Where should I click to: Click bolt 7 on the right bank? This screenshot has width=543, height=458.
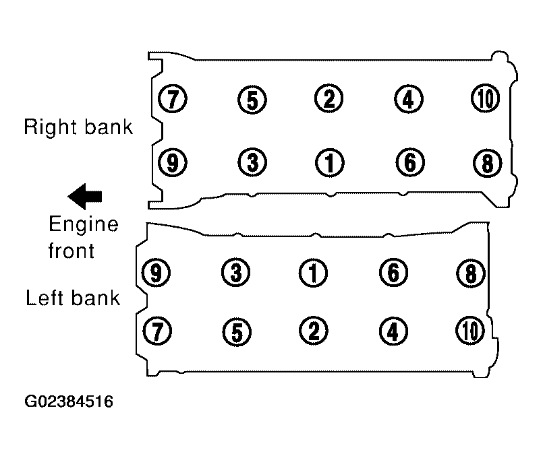[173, 98]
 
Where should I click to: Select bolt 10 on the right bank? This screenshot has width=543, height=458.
[486, 98]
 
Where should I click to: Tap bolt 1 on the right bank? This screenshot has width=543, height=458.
[330, 163]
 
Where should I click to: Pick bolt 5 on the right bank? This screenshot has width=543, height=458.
[252, 100]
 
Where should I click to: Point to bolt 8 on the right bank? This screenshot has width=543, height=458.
[487, 163]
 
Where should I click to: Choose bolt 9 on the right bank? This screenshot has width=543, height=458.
[173, 162]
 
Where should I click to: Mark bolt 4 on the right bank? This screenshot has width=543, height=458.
[409, 99]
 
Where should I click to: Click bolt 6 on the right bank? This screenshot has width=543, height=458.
[410, 162]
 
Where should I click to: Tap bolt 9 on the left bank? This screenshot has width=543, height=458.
[156, 272]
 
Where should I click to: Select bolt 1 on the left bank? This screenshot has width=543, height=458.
[313, 273]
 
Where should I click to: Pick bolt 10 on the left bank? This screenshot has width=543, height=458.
[470, 331]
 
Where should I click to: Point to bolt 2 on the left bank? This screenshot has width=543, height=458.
[314, 331]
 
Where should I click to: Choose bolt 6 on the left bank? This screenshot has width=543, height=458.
[393, 272]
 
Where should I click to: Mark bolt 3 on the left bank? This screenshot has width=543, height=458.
[235, 272]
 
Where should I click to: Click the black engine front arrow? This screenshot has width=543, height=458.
[85, 197]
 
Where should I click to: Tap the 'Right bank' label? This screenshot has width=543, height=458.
[78, 127]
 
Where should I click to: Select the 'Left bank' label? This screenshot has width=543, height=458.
[73, 298]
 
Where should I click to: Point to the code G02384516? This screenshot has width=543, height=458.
[69, 401]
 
